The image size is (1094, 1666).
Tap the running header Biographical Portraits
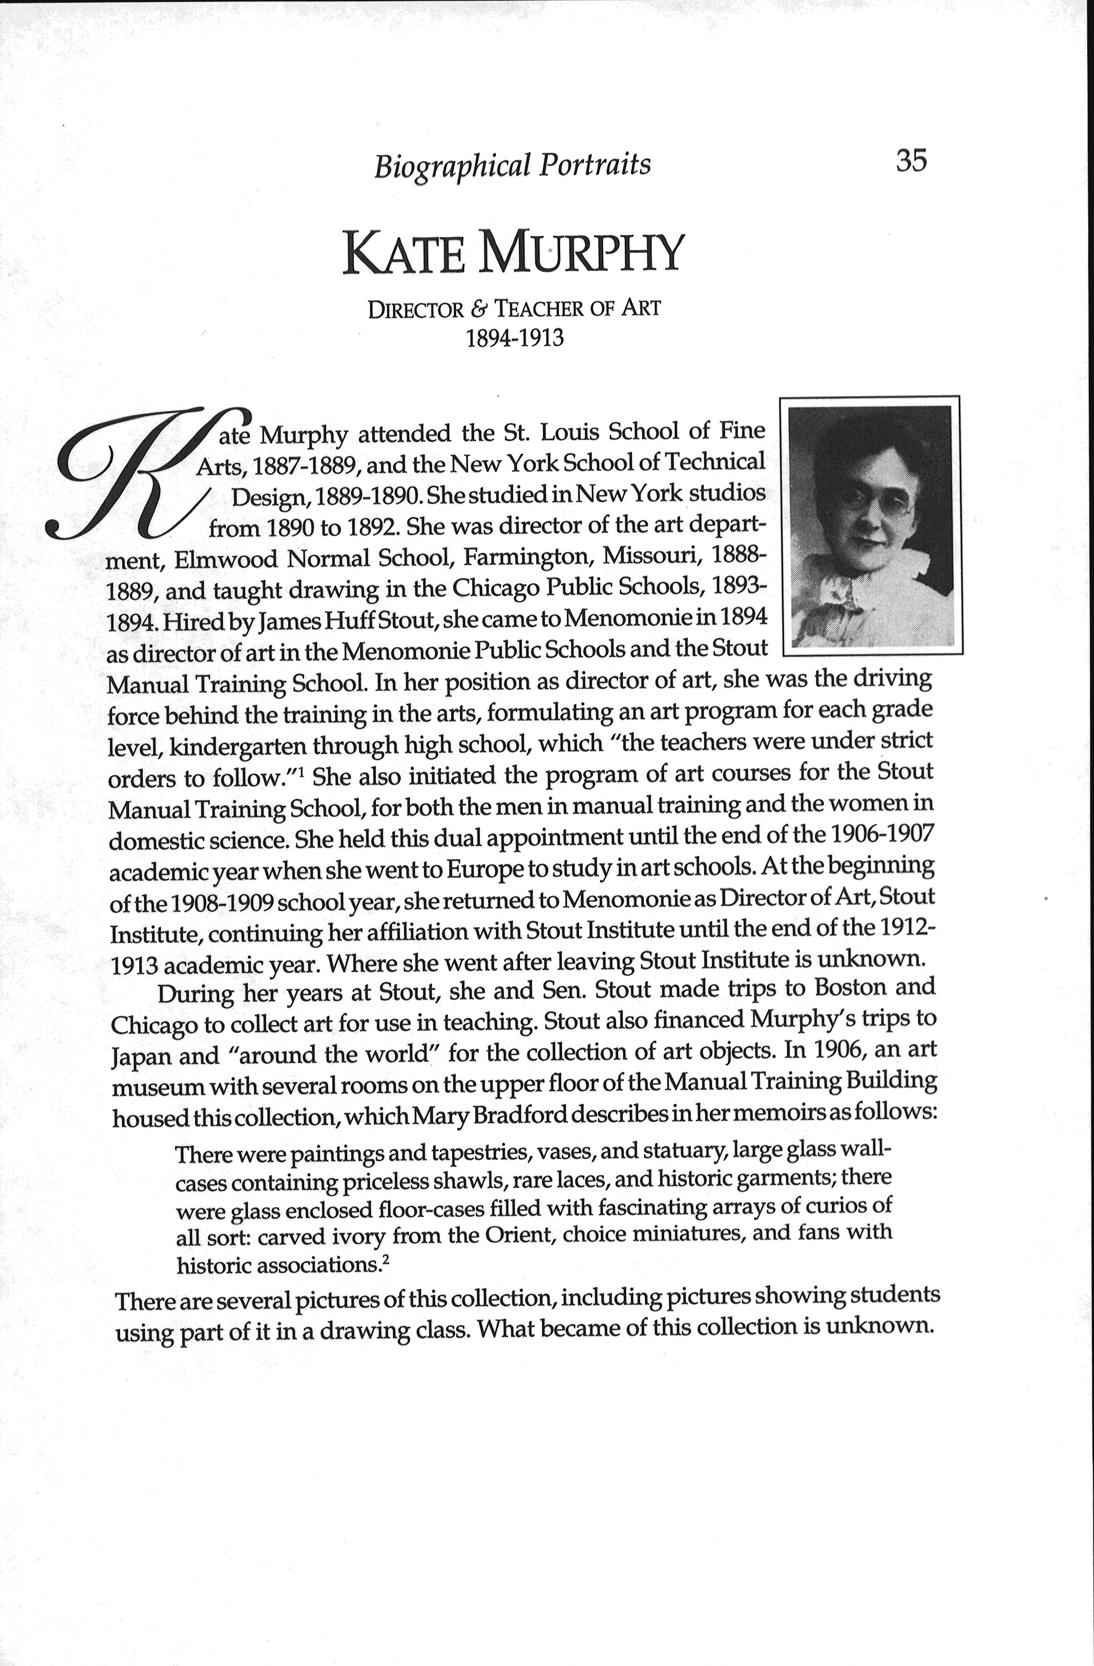[512, 166]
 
